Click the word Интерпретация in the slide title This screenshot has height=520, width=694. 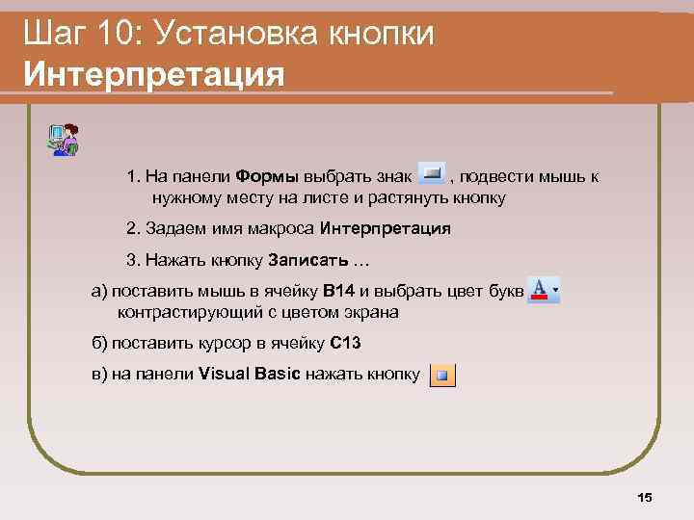click(x=154, y=72)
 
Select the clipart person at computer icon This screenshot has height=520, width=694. click(x=64, y=140)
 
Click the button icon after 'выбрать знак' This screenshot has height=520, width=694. click(x=431, y=174)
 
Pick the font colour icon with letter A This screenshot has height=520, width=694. click(x=544, y=289)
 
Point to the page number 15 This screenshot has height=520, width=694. click(x=645, y=497)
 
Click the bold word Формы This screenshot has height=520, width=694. click(x=267, y=177)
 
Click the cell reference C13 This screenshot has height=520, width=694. click(x=345, y=344)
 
